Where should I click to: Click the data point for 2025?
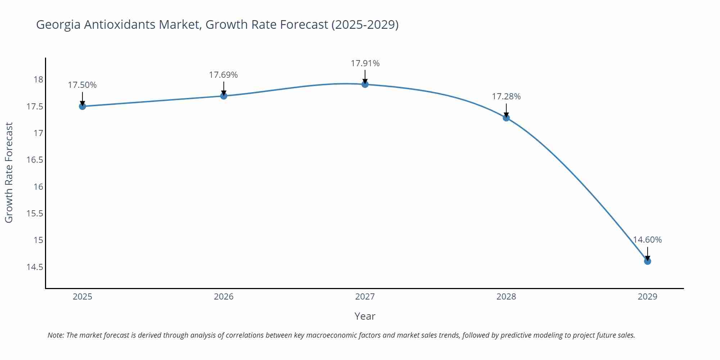pyautogui.click(x=82, y=106)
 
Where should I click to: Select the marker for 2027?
pyautogui.click(x=365, y=84)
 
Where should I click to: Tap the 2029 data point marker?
pyautogui.click(x=647, y=261)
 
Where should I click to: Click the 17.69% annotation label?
pyautogui.click(x=223, y=75)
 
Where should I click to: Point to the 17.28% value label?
pyautogui.click(x=506, y=96)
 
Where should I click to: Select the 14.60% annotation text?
pyautogui.click(x=647, y=240)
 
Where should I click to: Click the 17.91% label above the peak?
pyautogui.click(x=365, y=63)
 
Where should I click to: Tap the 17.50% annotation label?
pyautogui.click(x=82, y=85)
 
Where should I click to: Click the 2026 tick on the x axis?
pyautogui.click(x=224, y=297)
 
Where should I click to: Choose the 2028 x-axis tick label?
pyautogui.click(x=506, y=297)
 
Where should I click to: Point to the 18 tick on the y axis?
pyautogui.click(x=38, y=80)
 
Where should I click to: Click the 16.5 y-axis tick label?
pyautogui.click(x=35, y=160)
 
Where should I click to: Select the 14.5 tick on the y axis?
pyautogui.click(x=35, y=267)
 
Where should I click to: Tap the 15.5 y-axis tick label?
pyautogui.click(x=35, y=213)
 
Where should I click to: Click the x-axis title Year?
pyautogui.click(x=365, y=316)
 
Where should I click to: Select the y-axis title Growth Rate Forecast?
pyautogui.click(x=9, y=172)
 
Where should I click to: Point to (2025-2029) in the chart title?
pyautogui.click(x=365, y=25)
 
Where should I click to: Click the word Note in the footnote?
pyautogui.click(x=55, y=335)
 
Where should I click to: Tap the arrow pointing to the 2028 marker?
pyautogui.click(x=506, y=110)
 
